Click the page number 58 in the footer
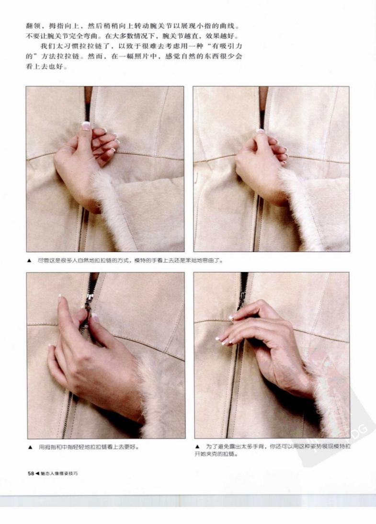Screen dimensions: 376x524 31,473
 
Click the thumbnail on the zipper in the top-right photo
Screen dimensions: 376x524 260,131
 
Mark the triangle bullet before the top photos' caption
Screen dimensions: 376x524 29,261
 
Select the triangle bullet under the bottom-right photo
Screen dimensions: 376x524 197,446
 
